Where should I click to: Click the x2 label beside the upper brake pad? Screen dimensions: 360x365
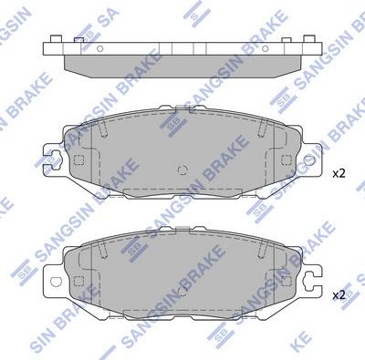[x=339, y=172]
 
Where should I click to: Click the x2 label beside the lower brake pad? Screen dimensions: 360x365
[x=339, y=294]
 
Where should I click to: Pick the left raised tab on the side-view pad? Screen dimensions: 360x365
[x=58, y=38]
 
